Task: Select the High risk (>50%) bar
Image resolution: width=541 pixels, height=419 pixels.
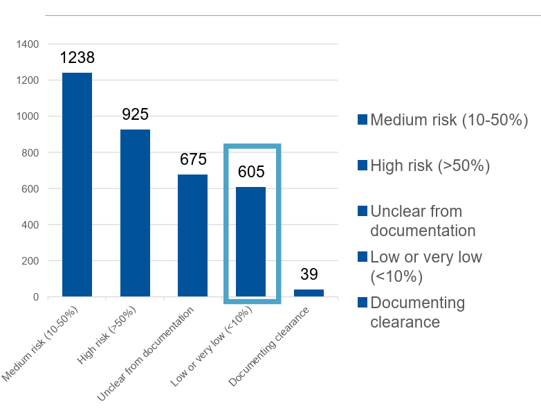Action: click(135, 213)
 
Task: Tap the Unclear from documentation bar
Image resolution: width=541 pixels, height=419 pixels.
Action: click(192, 235)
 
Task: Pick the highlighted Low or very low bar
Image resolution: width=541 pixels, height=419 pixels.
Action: click(250, 242)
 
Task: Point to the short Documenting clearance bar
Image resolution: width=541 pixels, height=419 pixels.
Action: click(309, 293)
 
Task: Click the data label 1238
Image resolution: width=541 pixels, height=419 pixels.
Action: click(77, 57)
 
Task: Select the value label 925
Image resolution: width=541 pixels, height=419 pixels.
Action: click(135, 114)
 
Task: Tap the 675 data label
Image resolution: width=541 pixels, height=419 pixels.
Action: click(193, 159)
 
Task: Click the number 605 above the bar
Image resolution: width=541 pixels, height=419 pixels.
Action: click(250, 172)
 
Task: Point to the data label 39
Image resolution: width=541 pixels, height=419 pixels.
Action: click(309, 274)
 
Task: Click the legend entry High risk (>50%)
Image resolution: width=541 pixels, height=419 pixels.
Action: click(430, 166)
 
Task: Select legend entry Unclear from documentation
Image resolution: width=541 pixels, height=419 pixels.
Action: click(423, 220)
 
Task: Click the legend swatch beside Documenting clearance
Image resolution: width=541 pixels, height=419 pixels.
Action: click(362, 303)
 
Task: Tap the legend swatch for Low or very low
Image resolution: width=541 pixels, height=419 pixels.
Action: click(362, 257)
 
